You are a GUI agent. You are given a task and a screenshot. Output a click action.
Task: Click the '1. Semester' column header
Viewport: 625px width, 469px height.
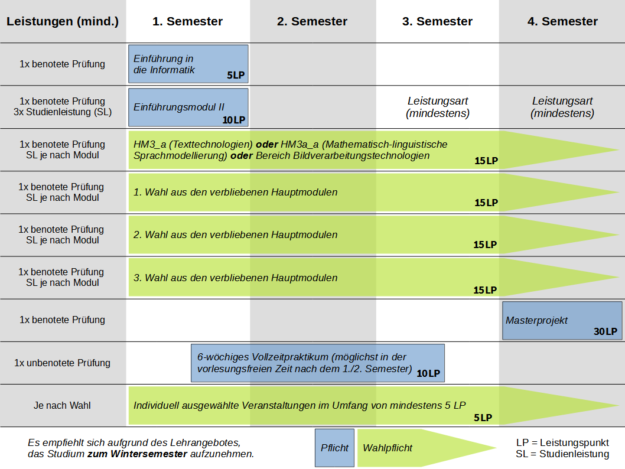[187, 21]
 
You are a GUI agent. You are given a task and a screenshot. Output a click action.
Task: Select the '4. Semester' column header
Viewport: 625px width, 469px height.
[562, 21]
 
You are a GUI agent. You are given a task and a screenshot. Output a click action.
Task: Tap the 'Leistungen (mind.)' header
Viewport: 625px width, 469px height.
[63, 21]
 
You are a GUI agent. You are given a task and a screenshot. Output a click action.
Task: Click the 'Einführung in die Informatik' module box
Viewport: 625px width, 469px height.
[188, 64]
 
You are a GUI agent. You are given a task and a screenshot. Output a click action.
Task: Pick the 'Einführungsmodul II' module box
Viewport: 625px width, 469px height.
[188, 108]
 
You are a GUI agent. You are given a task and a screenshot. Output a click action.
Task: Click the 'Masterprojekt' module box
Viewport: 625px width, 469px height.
[562, 321]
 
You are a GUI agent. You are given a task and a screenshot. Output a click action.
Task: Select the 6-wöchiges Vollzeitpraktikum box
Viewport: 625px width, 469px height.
[318, 363]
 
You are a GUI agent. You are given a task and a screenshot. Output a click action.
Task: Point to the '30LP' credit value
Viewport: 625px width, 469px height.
[606, 331]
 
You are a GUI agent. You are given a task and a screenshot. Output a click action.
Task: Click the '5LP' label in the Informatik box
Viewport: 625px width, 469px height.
[236, 75]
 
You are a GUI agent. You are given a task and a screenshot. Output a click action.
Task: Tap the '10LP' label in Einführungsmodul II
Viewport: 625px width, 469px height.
[234, 120]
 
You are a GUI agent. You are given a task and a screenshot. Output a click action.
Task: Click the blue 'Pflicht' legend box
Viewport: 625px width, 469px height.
[334, 448]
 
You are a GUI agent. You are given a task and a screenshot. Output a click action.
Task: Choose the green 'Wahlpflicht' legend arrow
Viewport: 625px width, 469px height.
[427, 448]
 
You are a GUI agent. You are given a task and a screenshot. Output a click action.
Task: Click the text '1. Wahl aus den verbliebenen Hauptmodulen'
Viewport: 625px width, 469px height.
[235, 192]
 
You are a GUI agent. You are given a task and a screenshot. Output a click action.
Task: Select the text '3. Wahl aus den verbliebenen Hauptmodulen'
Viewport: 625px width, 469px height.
[235, 278]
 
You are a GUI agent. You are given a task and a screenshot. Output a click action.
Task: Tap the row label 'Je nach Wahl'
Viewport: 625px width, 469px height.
[62, 406]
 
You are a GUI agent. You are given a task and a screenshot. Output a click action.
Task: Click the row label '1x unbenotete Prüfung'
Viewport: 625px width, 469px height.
[62, 363]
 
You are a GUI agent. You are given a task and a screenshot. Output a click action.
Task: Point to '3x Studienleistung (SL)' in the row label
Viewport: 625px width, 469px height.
[63, 112]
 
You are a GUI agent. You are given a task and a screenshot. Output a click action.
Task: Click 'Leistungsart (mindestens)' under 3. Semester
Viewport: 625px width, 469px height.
[438, 107]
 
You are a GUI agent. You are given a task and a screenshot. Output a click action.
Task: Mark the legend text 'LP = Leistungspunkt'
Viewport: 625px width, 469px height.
[562, 442]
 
